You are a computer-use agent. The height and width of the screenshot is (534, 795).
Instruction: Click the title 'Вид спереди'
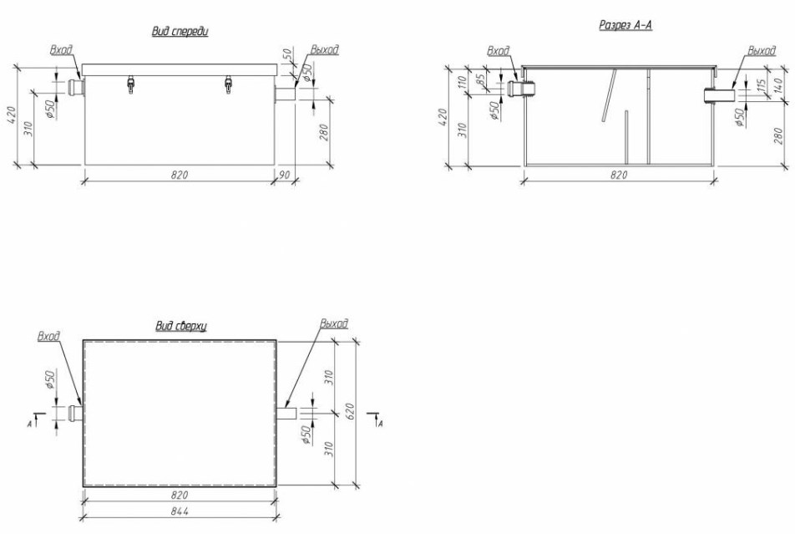click(180, 32)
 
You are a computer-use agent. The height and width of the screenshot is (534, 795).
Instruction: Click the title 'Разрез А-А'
click(625, 25)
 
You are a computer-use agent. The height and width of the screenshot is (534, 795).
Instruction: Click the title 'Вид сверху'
click(181, 327)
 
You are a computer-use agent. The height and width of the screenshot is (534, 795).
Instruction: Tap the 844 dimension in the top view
click(180, 511)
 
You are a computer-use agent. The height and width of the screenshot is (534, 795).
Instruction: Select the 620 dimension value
click(351, 411)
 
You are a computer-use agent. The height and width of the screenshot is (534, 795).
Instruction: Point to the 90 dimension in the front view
click(285, 175)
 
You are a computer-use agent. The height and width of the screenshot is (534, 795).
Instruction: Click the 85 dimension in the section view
click(482, 79)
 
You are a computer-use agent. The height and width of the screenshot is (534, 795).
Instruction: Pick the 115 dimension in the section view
click(761, 87)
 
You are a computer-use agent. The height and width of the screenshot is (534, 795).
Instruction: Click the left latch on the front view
click(131, 84)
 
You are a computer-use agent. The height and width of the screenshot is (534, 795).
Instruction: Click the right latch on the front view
click(229, 84)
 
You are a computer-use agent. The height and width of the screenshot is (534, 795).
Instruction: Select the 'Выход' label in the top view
click(334, 323)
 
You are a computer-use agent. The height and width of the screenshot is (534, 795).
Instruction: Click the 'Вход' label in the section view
click(498, 51)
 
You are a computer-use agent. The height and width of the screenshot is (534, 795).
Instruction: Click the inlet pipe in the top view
click(76, 413)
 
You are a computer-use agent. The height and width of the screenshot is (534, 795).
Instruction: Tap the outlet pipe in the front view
click(286, 94)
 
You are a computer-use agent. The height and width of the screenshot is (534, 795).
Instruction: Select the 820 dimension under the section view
click(619, 175)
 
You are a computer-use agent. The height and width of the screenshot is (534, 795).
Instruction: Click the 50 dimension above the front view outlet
click(287, 54)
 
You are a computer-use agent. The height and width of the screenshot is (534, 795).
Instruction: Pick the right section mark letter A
click(380, 424)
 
